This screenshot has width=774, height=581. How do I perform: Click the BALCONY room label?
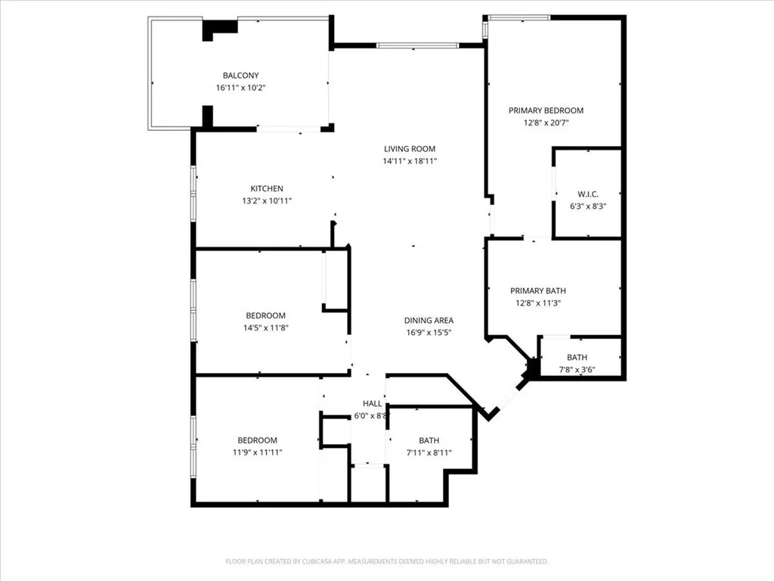(240, 76)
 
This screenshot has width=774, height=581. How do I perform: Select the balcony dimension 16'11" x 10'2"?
(240, 88)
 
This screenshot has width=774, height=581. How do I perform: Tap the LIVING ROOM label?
(410, 149)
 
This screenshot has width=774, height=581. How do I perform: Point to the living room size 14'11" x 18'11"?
(410, 161)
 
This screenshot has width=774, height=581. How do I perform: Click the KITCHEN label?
(267, 188)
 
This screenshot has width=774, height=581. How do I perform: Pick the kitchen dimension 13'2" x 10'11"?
(267, 200)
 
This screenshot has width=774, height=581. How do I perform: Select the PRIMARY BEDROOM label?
(546, 110)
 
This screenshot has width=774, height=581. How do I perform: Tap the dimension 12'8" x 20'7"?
(546, 123)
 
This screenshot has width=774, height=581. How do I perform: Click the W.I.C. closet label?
(588, 194)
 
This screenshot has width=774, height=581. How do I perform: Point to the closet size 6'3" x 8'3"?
(588, 206)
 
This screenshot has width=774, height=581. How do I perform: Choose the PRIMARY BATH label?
(538, 290)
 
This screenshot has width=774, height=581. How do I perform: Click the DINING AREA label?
(429, 320)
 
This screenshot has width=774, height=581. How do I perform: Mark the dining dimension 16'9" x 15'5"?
(429, 332)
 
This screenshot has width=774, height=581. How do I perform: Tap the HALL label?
(372, 403)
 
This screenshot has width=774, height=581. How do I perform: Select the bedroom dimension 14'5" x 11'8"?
(266, 328)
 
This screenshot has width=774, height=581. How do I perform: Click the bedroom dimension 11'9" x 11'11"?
(257, 452)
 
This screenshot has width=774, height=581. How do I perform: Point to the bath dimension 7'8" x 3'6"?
(577, 370)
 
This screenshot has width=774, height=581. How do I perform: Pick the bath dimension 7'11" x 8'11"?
(429, 452)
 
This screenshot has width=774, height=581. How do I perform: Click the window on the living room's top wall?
(417, 46)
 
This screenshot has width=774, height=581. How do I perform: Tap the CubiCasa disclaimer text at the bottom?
(387, 561)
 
